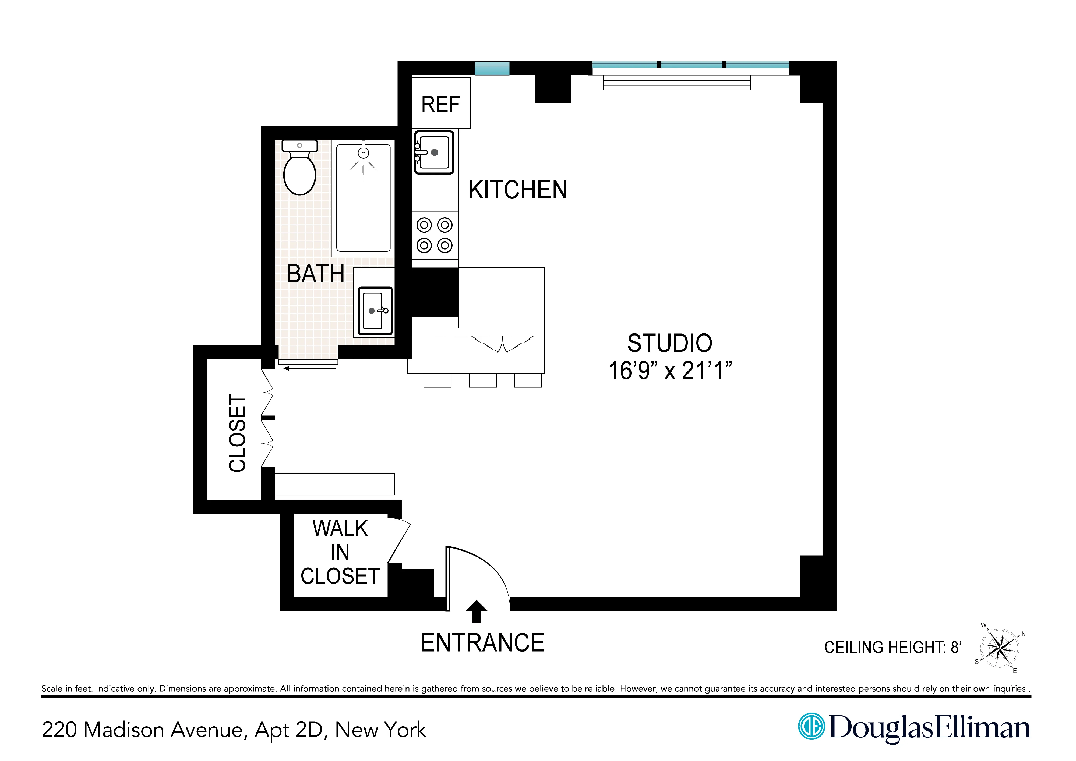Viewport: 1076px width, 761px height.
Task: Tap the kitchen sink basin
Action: click(x=435, y=152)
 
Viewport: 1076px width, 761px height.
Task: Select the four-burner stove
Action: click(x=435, y=235)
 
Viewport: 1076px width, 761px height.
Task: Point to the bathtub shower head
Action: click(x=363, y=152)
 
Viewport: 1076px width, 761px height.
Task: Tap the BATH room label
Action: click(x=316, y=274)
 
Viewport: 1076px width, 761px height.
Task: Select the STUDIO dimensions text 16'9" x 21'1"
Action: click(x=669, y=371)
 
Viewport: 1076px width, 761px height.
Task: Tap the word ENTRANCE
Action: click(x=482, y=643)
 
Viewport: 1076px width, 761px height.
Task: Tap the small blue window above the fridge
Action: click(x=492, y=68)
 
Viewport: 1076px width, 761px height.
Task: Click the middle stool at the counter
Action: click(x=482, y=380)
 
